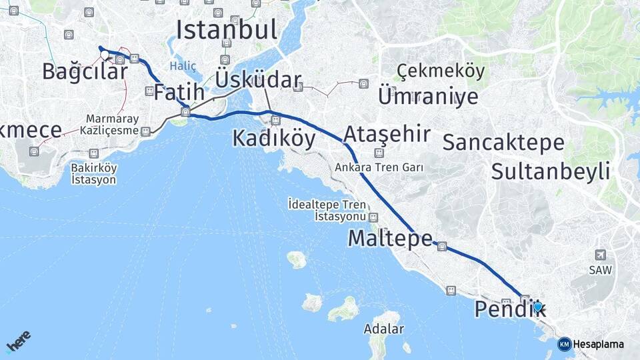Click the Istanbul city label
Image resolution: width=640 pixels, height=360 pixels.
pyautogui.click(x=226, y=29)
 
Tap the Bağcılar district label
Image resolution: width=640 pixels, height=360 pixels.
pyautogui.click(x=85, y=71)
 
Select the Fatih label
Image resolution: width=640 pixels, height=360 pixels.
pyautogui.click(x=179, y=93)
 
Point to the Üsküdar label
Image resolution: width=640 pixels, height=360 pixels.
pyautogui.click(x=258, y=80)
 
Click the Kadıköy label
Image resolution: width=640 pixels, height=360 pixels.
pyautogui.click(x=273, y=138)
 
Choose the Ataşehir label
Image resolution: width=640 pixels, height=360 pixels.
pyautogui.click(x=387, y=134)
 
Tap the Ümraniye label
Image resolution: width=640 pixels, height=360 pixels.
pyautogui.click(x=428, y=96)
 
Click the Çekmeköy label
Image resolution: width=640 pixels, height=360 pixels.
pyautogui.click(x=441, y=71)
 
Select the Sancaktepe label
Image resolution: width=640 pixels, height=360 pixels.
pyautogui.click(x=503, y=142)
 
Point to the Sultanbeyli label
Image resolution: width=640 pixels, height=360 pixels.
pyautogui.click(x=551, y=171)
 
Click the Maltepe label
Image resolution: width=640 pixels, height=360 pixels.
pyautogui.click(x=390, y=238)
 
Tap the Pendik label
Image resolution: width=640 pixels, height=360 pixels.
pyautogui.click(x=510, y=309)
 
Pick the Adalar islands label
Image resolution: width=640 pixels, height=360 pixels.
pyautogui.click(x=383, y=329)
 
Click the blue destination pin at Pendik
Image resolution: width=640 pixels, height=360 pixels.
pyautogui.click(x=538, y=306)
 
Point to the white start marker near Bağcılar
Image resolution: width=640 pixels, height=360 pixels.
pyautogui.click(x=105, y=55)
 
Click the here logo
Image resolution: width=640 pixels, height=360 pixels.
pyautogui.click(x=19, y=341)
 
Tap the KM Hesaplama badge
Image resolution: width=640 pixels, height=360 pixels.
pyautogui.click(x=591, y=344)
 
